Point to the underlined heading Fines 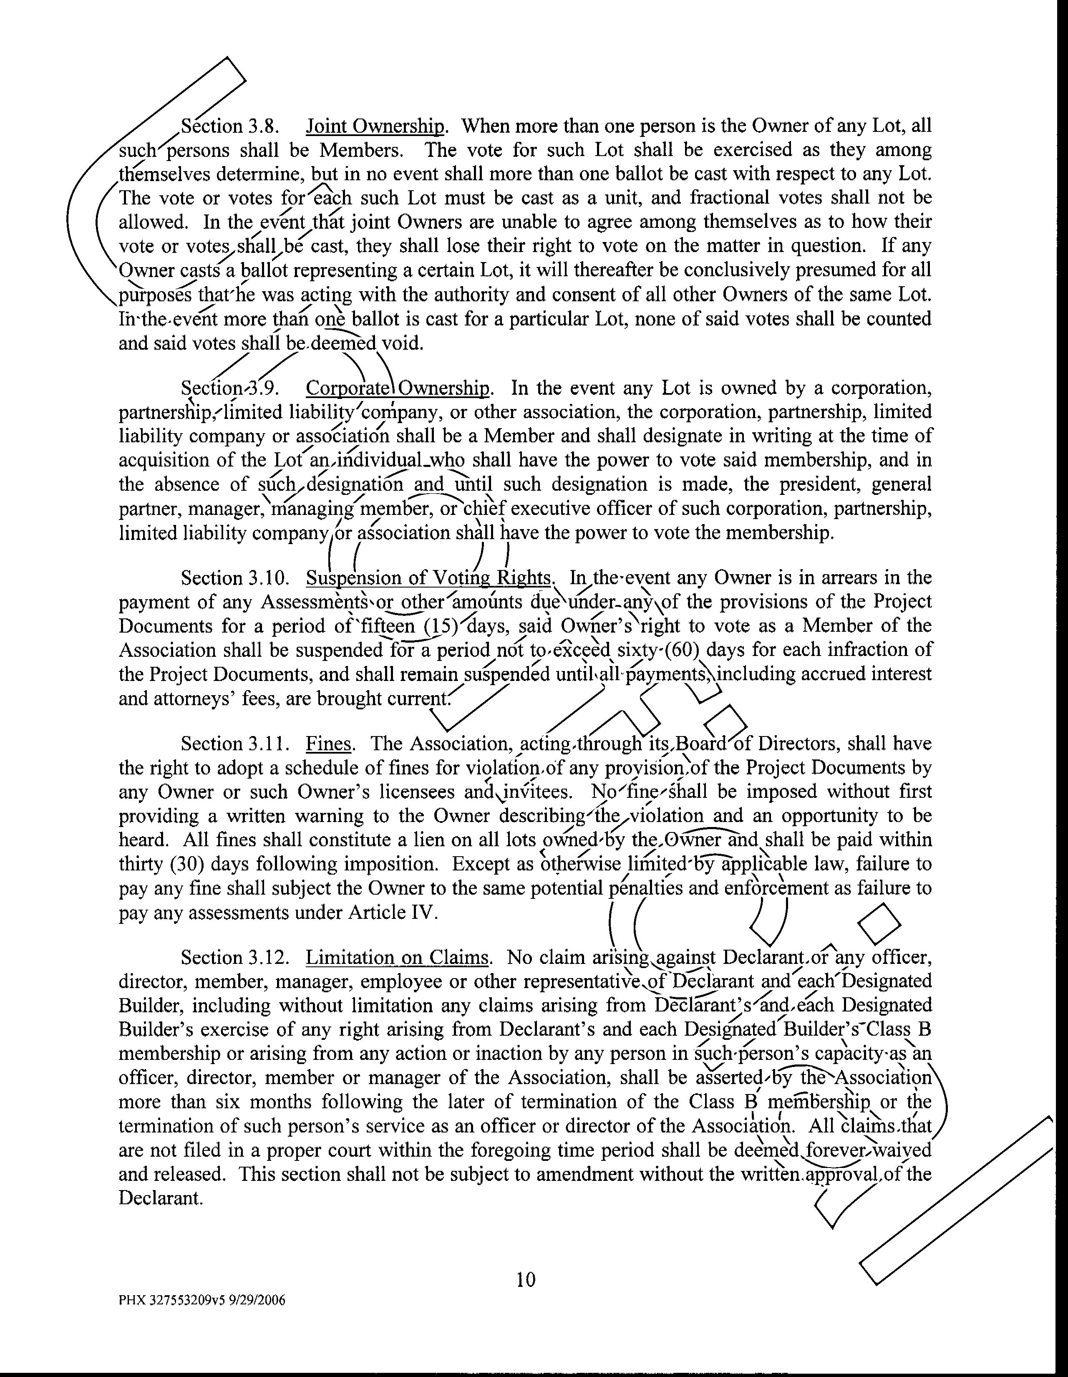tap(328, 744)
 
